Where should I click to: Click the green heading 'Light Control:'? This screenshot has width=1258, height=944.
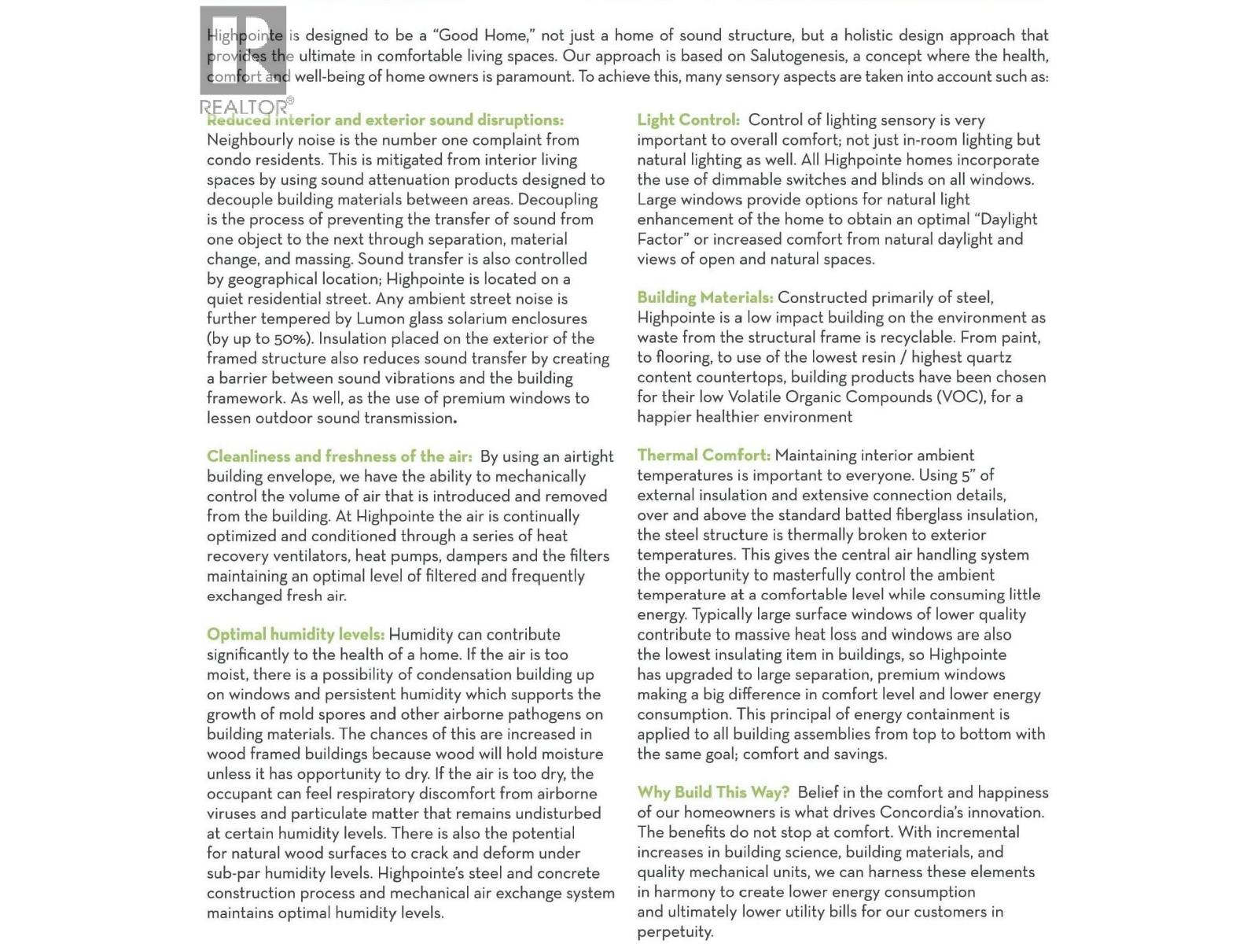[x=688, y=120]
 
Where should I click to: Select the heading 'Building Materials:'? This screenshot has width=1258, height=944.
[x=704, y=297]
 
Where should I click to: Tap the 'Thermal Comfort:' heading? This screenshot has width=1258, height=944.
[x=703, y=455]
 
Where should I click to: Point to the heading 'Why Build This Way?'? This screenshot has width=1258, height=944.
[x=713, y=792]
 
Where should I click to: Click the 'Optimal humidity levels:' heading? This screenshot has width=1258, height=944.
[x=295, y=635]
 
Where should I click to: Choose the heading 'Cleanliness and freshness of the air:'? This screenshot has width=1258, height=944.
[x=339, y=456]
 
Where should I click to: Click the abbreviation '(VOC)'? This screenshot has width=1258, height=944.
[x=961, y=397]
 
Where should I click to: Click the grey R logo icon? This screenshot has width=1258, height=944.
[x=243, y=50]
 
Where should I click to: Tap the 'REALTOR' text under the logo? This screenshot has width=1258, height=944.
[x=244, y=107]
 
